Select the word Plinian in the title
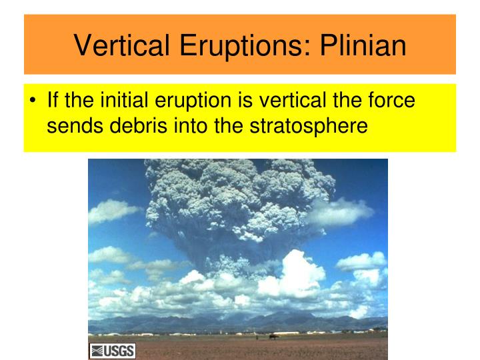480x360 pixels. (x=360, y=45)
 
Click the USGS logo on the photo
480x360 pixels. (x=112, y=351)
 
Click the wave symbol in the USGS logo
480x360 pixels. (x=97, y=351)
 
